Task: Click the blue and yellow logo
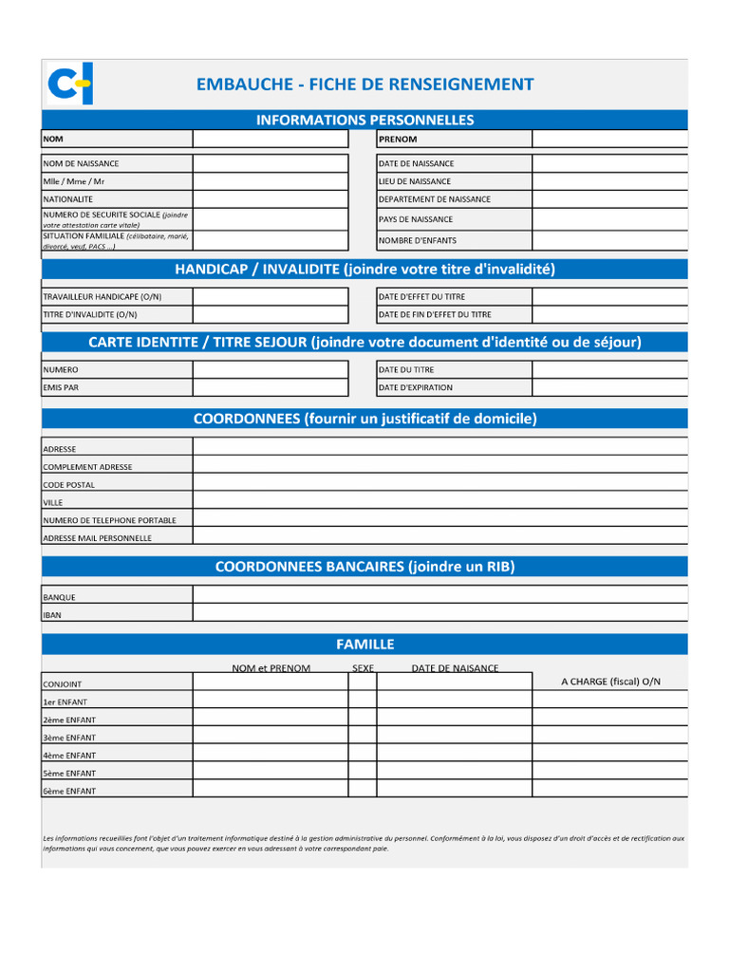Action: click(69, 84)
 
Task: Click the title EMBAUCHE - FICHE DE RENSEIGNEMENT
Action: click(364, 84)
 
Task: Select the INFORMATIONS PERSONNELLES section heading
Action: click(364, 120)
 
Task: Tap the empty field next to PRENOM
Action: click(609, 139)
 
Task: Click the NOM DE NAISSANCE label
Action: click(81, 163)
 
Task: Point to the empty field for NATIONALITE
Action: click(271, 199)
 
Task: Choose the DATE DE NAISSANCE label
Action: click(416, 163)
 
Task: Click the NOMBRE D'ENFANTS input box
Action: click(609, 240)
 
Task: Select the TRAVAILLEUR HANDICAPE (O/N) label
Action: click(102, 296)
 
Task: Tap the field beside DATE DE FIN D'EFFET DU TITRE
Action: click(609, 314)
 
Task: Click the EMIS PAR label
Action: click(61, 387)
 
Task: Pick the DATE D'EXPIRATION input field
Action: click(609, 387)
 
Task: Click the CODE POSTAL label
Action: click(68, 485)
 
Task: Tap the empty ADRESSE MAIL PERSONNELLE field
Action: click(440, 537)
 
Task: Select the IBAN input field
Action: click(440, 614)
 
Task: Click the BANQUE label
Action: click(59, 597)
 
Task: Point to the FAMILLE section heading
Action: click(364, 645)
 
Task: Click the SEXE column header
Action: click(363, 668)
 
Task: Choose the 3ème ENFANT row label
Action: click(69, 738)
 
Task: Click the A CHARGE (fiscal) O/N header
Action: click(610, 682)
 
